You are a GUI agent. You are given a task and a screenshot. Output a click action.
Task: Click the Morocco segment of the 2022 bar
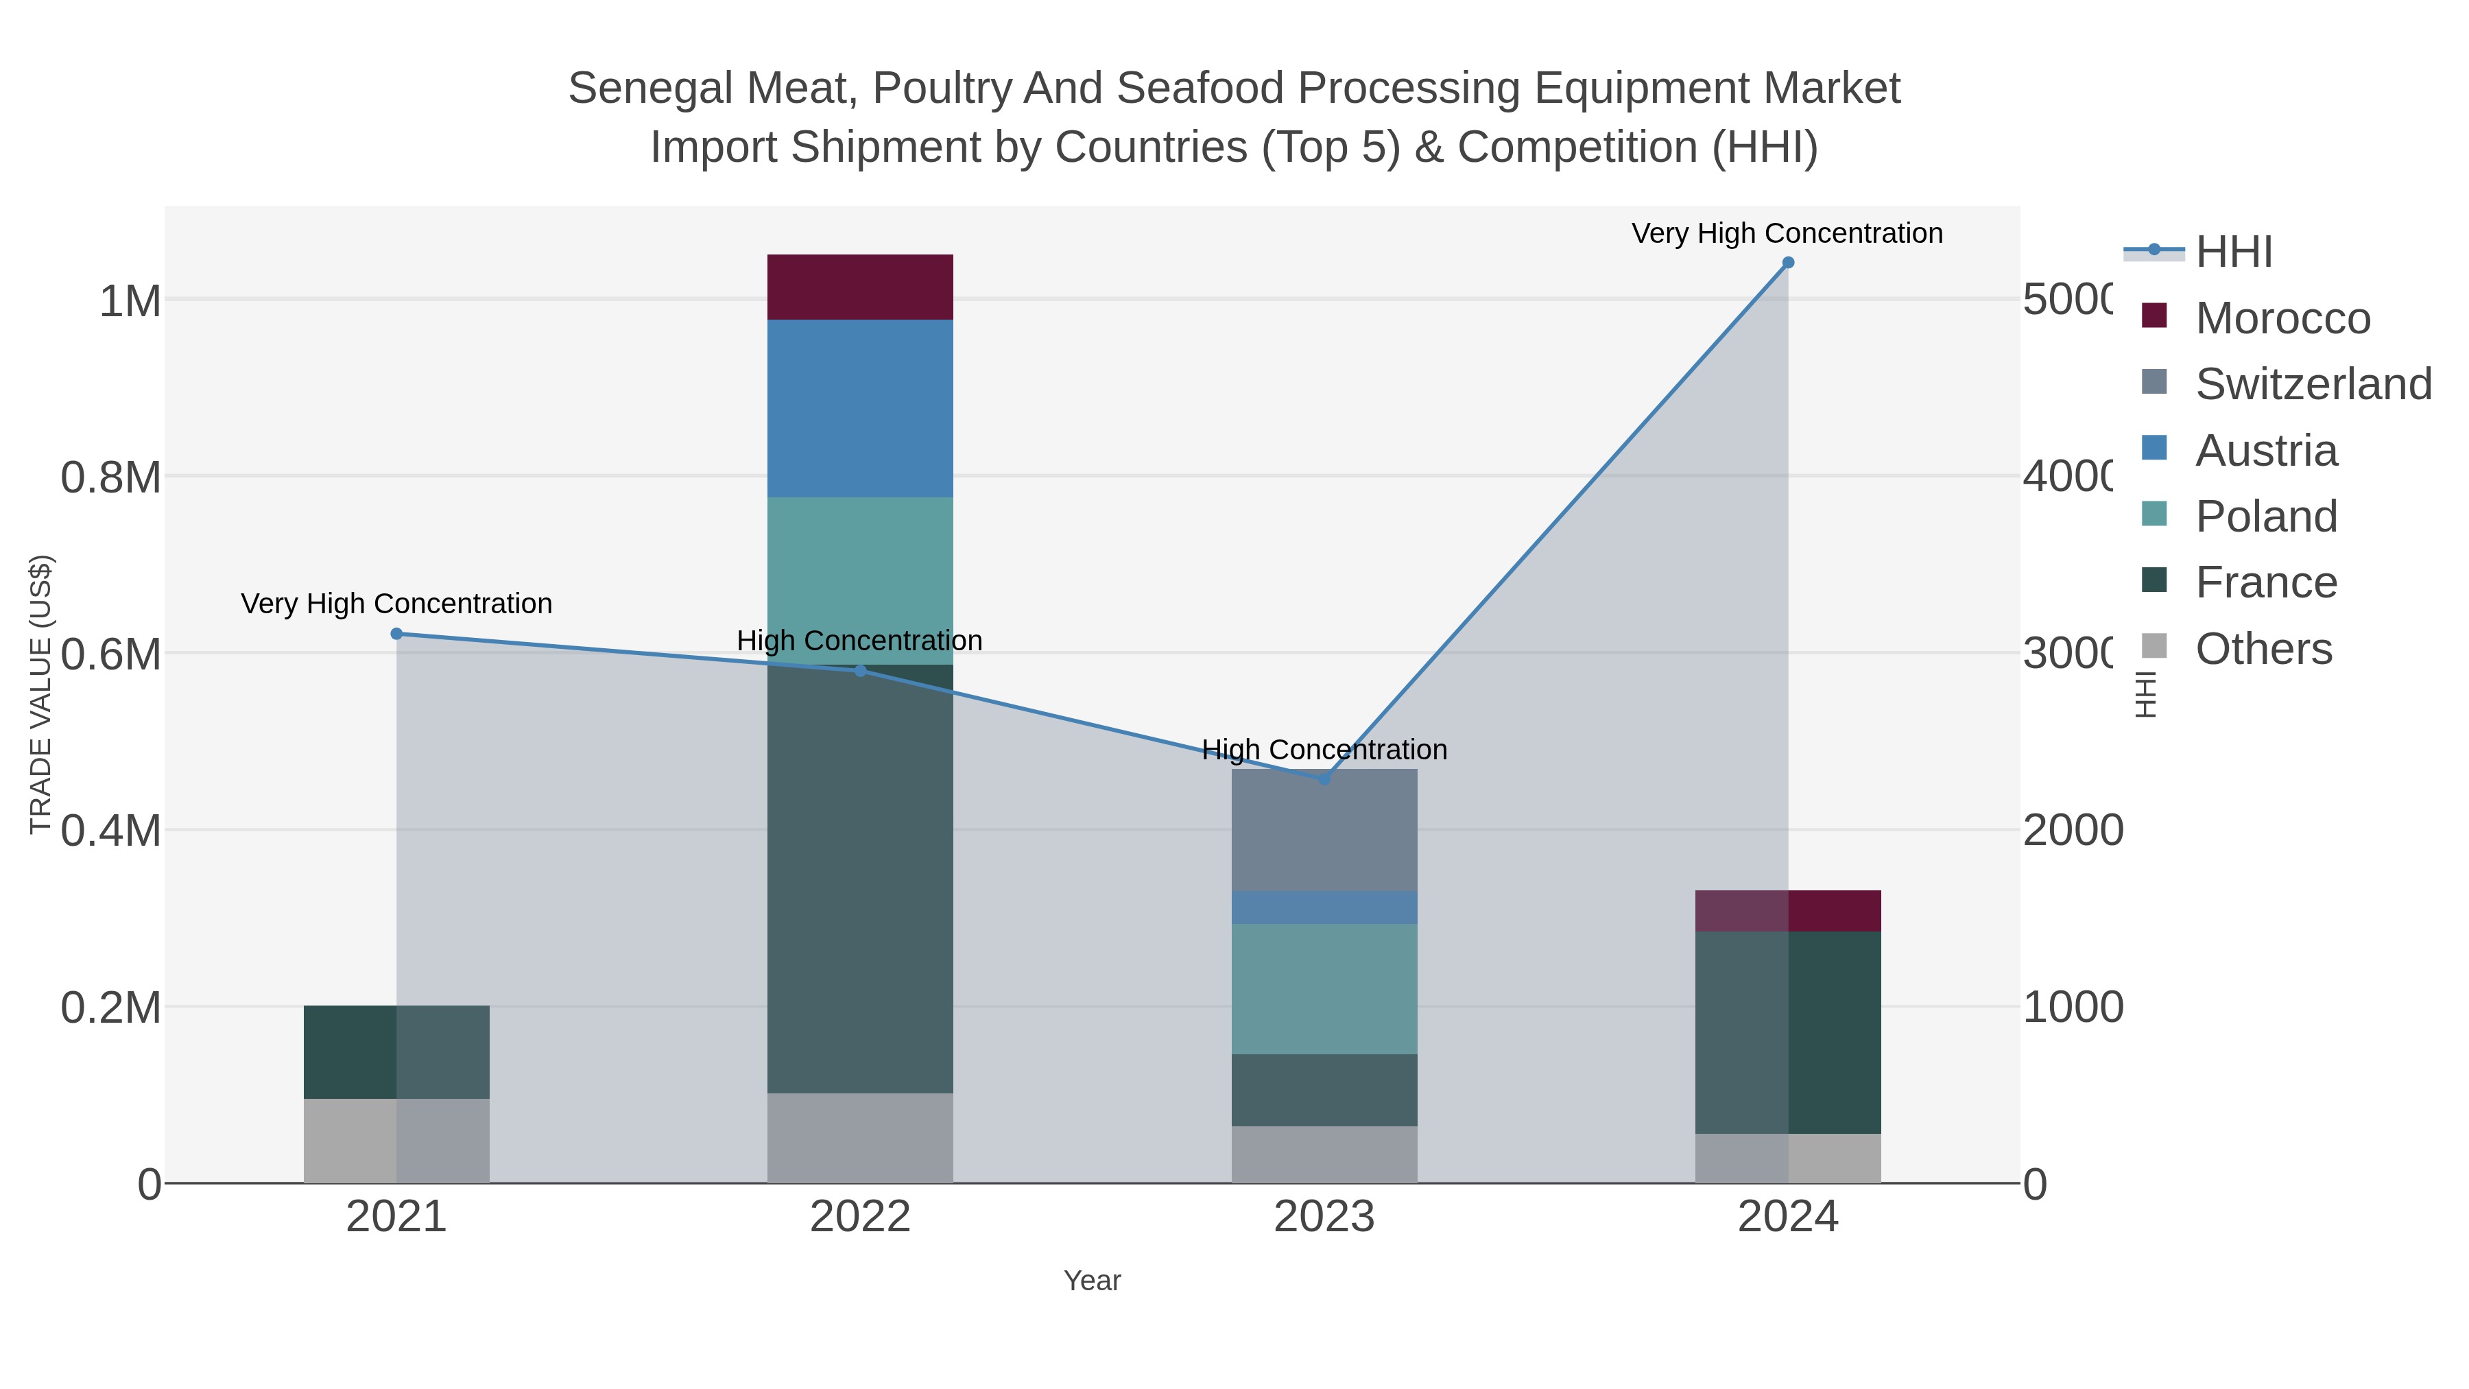point(860,287)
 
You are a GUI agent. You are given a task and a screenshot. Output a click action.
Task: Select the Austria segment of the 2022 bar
point(860,407)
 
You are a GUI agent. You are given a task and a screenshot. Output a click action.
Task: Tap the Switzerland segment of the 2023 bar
point(1324,830)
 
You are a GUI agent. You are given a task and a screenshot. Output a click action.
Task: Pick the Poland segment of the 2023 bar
point(1324,988)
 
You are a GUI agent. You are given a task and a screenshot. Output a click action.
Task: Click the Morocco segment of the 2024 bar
point(1787,911)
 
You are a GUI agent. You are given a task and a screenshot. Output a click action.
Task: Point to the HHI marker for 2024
point(1787,263)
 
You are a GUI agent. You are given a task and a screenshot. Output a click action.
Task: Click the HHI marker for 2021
point(397,634)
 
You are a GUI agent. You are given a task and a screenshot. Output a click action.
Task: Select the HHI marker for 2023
point(1324,779)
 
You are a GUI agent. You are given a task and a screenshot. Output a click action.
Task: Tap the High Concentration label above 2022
point(860,641)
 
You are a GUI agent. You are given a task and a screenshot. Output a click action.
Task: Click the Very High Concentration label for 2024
point(1787,233)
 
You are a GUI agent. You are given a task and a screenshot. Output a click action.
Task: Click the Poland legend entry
point(2266,516)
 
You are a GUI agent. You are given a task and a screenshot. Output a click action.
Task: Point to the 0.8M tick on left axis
point(110,477)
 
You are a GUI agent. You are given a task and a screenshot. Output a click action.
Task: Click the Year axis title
point(1092,1281)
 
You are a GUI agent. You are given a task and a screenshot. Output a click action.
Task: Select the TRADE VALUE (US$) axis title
point(40,694)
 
